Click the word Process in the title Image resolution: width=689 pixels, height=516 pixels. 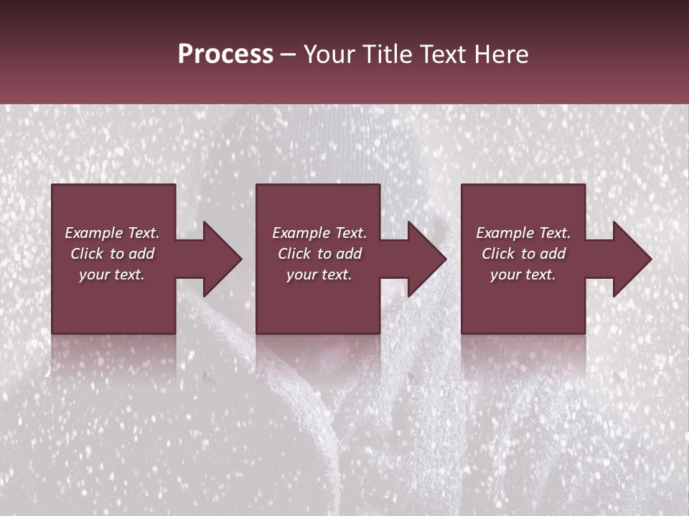[x=225, y=54]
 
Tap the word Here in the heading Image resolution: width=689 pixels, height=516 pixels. [x=502, y=54]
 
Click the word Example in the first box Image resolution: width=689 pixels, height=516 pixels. [x=94, y=233]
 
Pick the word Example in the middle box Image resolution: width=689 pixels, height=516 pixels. [x=301, y=233]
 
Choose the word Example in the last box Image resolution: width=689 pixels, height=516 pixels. [x=505, y=233]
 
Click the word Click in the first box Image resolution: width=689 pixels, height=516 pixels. [x=86, y=254]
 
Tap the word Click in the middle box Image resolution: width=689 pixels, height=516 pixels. [x=294, y=254]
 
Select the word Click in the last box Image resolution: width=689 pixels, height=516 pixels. [x=497, y=254]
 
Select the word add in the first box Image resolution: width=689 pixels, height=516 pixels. [x=141, y=254]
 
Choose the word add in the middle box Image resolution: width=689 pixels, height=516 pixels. [x=349, y=254]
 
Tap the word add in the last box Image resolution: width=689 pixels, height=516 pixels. [x=553, y=254]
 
